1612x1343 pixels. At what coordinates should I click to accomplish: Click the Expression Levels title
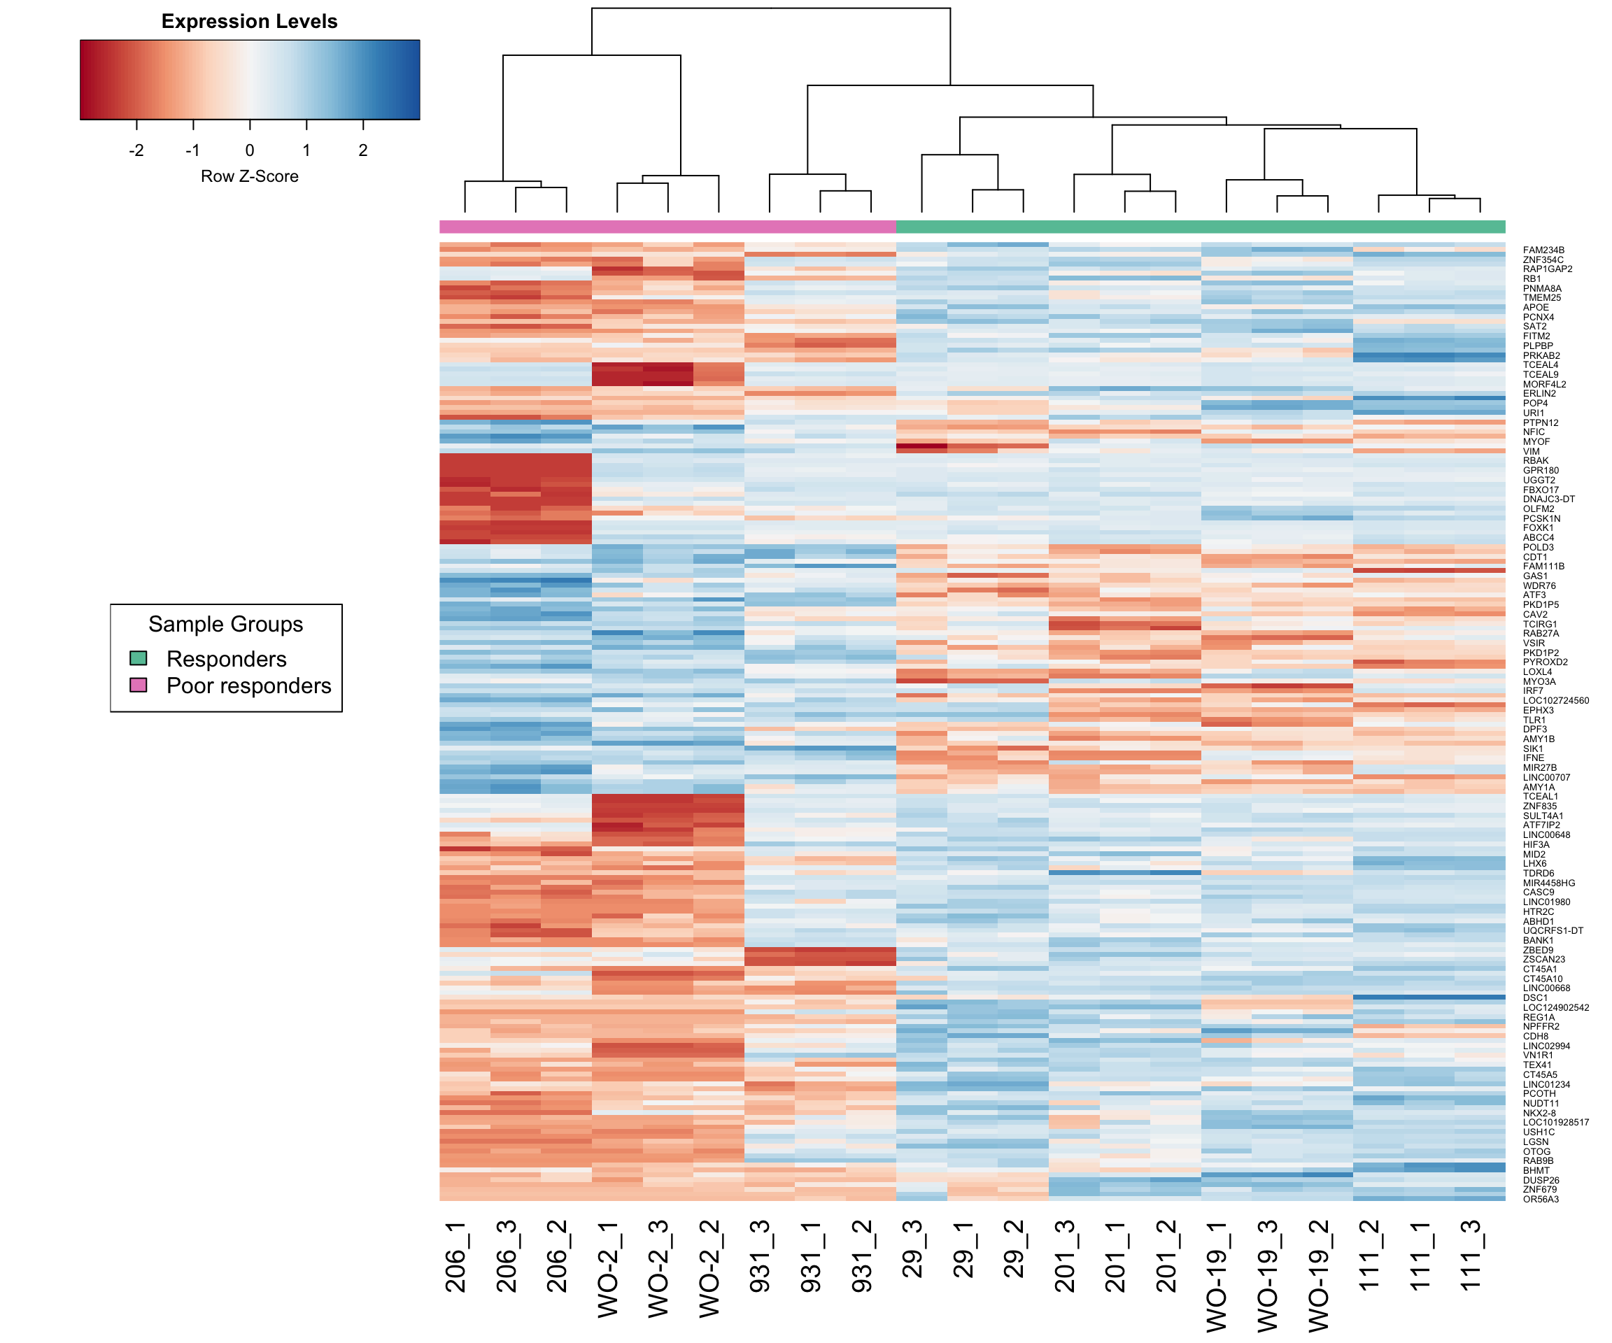click(250, 22)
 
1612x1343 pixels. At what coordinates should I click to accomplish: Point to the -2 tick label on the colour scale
click(136, 150)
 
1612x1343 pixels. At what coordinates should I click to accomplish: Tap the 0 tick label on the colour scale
click(250, 150)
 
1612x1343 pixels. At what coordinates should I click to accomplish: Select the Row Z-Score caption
click(250, 176)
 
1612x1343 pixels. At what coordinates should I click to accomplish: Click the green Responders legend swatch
click(138, 658)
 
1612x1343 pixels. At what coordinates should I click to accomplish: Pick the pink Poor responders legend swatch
click(138, 685)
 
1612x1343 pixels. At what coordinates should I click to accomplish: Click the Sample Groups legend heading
click(226, 624)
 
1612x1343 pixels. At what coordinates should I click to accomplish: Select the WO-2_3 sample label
click(658, 1270)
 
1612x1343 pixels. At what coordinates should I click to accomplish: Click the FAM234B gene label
click(1543, 250)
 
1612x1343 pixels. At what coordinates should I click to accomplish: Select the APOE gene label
click(1535, 308)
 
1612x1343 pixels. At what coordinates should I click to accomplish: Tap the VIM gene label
click(1532, 452)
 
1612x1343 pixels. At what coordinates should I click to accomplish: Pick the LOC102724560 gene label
click(1555, 701)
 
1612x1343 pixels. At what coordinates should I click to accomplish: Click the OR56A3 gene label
click(1541, 1200)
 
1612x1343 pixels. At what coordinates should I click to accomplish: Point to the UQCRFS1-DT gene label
click(1553, 931)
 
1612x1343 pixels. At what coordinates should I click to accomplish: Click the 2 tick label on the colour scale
click(363, 150)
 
